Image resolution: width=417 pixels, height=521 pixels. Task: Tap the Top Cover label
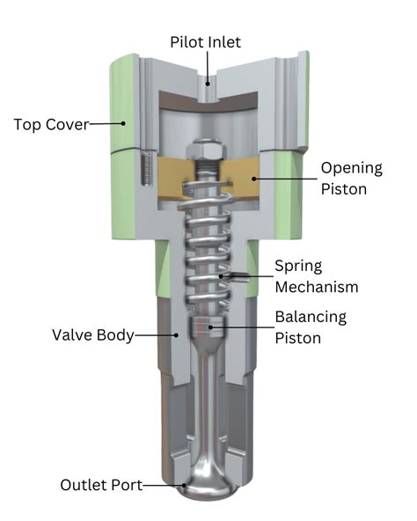(x=50, y=124)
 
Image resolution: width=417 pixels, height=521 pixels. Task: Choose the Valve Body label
(x=92, y=335)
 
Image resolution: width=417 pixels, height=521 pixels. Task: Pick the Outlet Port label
(x=98, y=485)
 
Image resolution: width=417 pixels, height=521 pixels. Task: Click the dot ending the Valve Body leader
(x=178, y=335)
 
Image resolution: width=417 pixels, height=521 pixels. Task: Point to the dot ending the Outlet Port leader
(x=182, y=485)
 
